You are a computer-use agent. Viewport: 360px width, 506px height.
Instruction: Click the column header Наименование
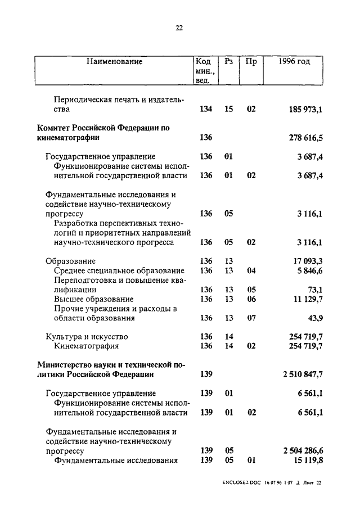(x=114, y=62)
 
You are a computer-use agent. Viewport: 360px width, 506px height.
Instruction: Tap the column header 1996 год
(x=294, y=62)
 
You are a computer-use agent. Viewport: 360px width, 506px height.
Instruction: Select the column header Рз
(x=228, y=62)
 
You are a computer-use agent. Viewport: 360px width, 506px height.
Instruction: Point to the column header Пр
(x=251, y=62)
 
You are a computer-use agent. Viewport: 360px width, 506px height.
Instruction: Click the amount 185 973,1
(x=304, y=109)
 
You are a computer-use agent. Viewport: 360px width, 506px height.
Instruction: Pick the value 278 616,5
(x=304, y=137)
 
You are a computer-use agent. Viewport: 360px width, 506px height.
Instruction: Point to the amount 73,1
(x=314, y=290)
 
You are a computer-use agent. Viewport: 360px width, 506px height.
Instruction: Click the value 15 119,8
(x=305, y=460)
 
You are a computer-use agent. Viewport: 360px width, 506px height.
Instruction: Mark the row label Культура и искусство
(x=82, y=337)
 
